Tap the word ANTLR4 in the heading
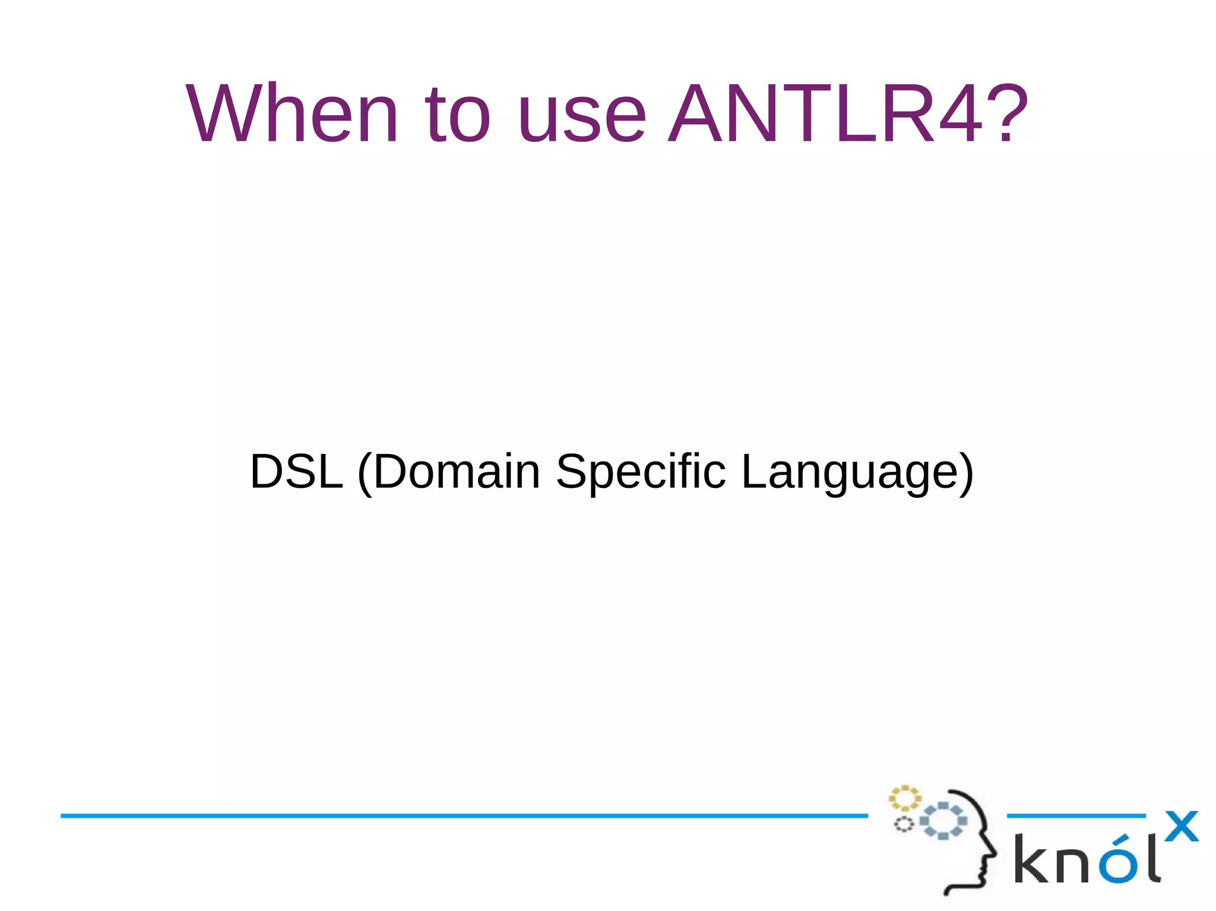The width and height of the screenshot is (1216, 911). pyautogui.click(x=826, y=114)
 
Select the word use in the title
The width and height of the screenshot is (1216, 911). pyautogui.click(x=581, y=119)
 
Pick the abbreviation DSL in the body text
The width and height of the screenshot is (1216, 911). pyautogui.click(x=296, y=471)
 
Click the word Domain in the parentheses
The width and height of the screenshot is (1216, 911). pyautogui.click(x=457, y=471)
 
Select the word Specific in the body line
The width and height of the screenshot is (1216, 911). pyautogui.click(x=641, y=472)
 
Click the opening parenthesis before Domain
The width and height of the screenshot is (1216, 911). pyautogui.click(x=365, y=474)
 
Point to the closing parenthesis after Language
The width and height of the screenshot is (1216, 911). pyautogui.click(x=966, y=474)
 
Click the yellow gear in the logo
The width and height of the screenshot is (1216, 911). pyautogui.click(x=904, y=798)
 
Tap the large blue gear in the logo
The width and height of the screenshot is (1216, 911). pyautogui.click(x=943, y=821)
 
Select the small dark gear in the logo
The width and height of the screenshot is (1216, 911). pyautogui.click(x=904, y=824)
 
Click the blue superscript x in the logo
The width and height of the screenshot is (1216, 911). pyautogui.click(x=1182, y=826)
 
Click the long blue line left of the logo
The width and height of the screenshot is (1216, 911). pyautogui.click(x=463, y=816)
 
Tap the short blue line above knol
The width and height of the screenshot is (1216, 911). pyautogui.click(x=1076, y=816)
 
